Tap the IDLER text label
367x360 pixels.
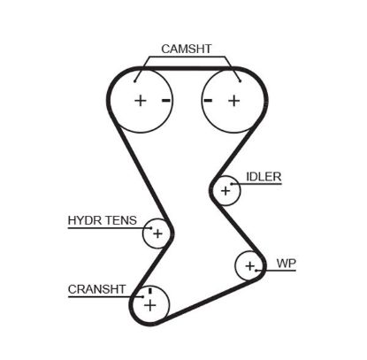[x=264, y=177]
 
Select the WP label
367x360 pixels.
[x=286, y=264]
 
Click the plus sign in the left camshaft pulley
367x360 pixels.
[x=140, y=100]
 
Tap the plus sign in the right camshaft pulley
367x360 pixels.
[x=233, y=100]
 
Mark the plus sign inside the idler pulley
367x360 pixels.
[x=226, y=189]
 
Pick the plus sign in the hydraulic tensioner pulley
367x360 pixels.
[x=157, y=234]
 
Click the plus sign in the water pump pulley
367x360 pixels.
[x=250, y=264]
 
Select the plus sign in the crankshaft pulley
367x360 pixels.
[x=149, y=306]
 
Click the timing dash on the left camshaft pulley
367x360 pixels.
[x=165, y=100]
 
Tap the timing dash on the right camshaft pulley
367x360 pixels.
[x=208, y=100]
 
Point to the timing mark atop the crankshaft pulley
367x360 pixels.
[x=150, y=290]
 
